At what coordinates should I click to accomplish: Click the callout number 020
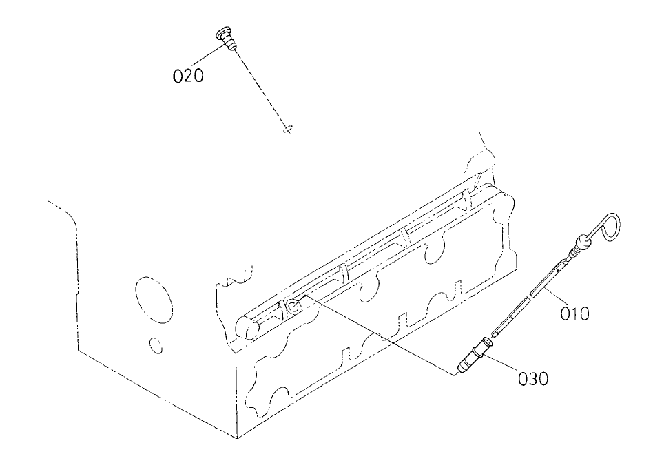188,76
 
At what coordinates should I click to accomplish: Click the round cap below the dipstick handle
583,241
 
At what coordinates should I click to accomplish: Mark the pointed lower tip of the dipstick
497,333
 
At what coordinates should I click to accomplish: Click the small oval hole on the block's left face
156,343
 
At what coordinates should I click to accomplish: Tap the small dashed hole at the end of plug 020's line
288,128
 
